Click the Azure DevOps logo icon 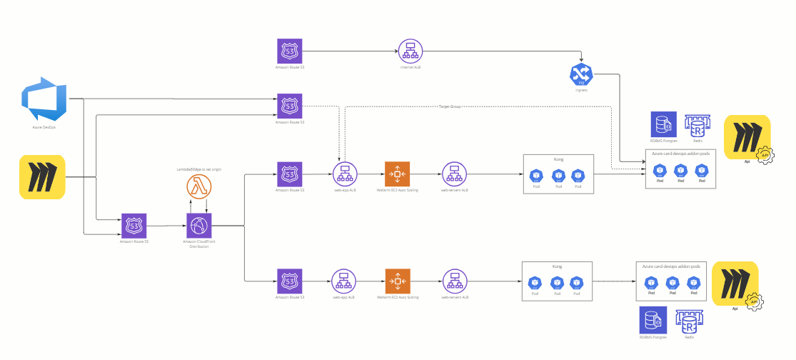[44, 101]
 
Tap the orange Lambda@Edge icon [199, 187]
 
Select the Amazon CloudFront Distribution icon [199, 226]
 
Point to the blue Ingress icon [581, 74]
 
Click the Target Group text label [450, 106]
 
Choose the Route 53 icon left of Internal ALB [290, 51]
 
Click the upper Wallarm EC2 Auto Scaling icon [397, 174]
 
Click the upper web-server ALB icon [454, 174]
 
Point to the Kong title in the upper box [558, 159]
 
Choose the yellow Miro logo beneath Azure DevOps [42, 177]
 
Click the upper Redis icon [695, 126]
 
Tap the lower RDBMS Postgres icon [653, 319]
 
